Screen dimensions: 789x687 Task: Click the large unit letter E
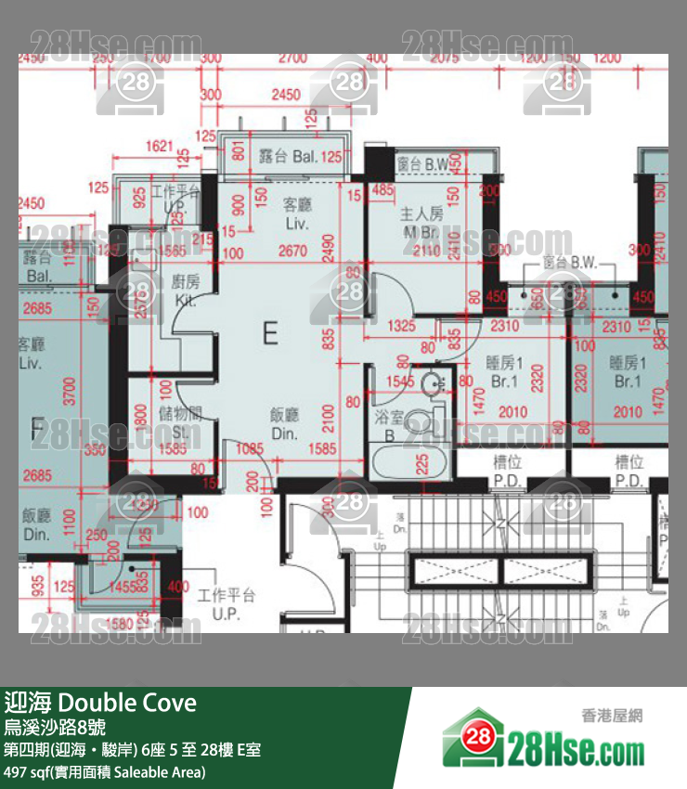pos(270,332)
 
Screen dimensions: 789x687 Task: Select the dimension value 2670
pos(292,251)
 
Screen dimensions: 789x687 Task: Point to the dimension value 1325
pos(401,326)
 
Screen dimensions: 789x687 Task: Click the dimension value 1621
pos(161,146)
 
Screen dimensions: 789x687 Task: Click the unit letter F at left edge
pos(37,429)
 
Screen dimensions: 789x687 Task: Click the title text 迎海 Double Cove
pos(100,702)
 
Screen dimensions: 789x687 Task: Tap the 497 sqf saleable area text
pos(104,771)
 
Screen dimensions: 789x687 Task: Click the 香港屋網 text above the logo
pos(612,715)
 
